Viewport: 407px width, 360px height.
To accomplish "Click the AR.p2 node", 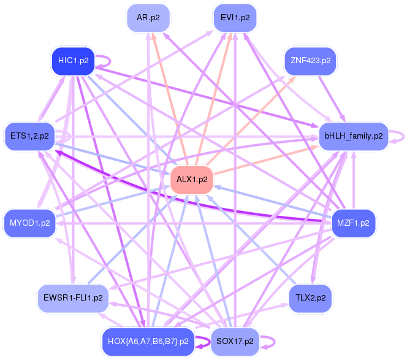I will click(x=148, y=18).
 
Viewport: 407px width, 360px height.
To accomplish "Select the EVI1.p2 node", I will click(x=235, y=18).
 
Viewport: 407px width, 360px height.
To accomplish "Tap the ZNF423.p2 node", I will click(x=311, y=61).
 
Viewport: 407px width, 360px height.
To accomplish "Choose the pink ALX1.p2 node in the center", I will click(x=192, y=180).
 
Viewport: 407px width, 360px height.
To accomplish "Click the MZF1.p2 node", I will click(x=352, y=223).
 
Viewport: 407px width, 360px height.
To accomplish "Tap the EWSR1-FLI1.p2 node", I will click(x=73, y=298).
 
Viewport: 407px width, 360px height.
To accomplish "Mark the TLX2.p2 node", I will click(x=310, y=298).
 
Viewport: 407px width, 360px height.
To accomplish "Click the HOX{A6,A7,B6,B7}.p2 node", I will click(x=148, y=342).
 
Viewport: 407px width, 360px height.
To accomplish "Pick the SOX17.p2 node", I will click(x=235, y=342).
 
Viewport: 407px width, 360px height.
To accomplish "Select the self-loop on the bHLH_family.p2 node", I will click(x=399, y=136).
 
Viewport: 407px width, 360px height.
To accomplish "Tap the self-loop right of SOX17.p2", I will click(x=268, y=342).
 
